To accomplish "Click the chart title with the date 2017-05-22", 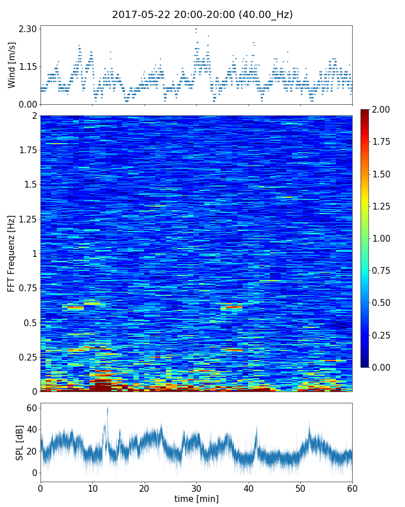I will (202, 15).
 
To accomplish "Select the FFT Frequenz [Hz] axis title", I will (12, 253).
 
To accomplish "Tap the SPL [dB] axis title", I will (20, 442).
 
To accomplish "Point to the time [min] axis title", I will (196, 499).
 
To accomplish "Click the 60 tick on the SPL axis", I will (31, 408).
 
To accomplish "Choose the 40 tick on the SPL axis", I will (31, 429).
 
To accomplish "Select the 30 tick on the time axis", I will (196, 488).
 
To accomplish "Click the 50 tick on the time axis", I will (300, 488).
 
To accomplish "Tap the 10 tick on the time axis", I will (92, 488).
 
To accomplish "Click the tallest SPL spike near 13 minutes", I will (107, 408).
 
